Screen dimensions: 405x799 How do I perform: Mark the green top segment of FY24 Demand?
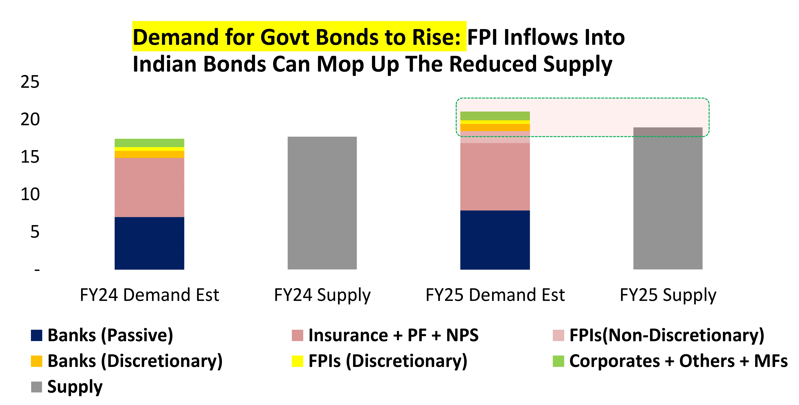pyautogui.click(x=149, y=143)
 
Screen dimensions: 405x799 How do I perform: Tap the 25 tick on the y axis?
pyautogui.click(x=30, y=82)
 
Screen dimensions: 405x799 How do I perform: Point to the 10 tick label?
pyautogui.click(x=30, y=195)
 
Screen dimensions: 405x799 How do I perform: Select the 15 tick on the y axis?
pyautogui.click(x=30, y=157)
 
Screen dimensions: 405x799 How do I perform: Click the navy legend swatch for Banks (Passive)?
pyautogui.click(x=37, y=336)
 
